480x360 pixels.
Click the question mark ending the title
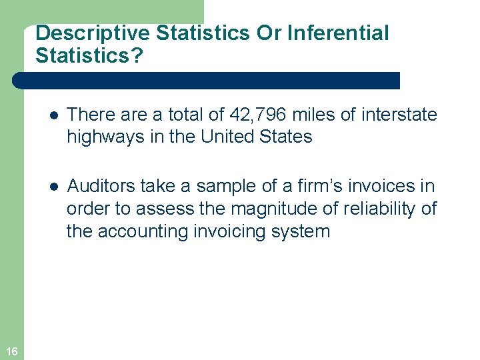click(x=137, y=55)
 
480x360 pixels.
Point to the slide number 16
click(x=11, y=351)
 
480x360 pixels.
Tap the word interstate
click(x=399, y=115)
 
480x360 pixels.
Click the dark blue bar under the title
click(x=207, y=81)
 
